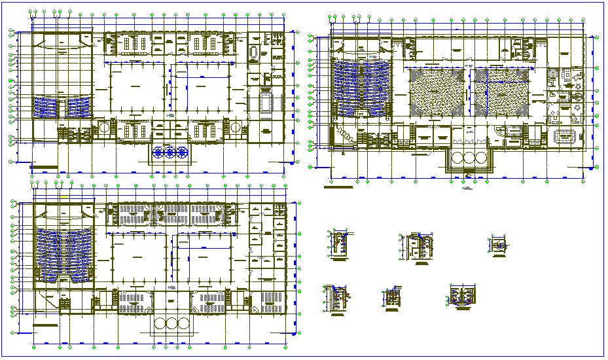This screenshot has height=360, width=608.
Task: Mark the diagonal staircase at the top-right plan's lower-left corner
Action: pyautogui.click(x=345, y=134)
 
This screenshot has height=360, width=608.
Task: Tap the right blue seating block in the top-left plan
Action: pyautogui.click(x=77, y=104)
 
